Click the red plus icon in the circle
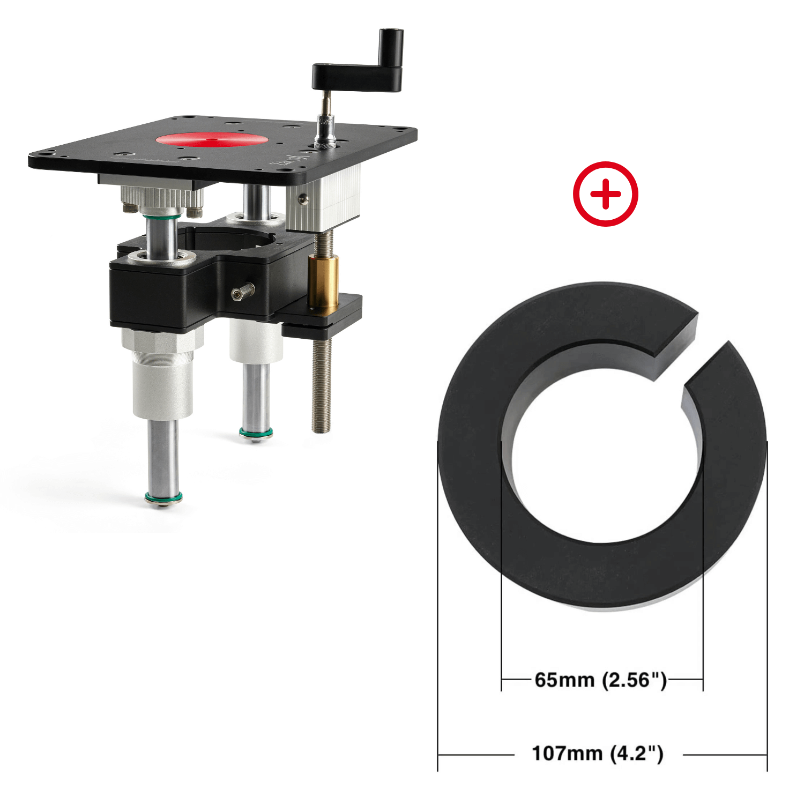[605, 193]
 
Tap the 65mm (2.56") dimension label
[601, 680]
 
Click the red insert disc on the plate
[212, 140]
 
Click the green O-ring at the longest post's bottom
[163, 498]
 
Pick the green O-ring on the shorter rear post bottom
[256, 433]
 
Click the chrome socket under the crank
[325, 131]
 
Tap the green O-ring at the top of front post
[160, 217]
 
